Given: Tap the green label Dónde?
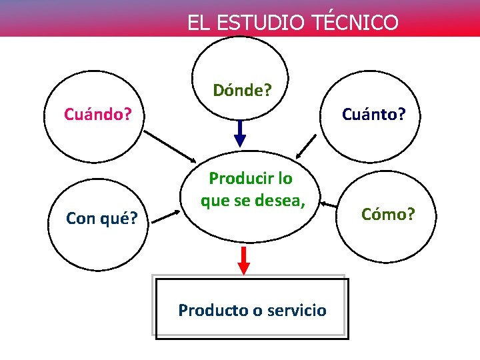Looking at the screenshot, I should coord(242,90).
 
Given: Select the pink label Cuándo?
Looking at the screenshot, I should coord(97,114).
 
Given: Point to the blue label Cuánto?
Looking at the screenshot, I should coord(373,114).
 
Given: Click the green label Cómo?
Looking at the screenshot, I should coord(388,214).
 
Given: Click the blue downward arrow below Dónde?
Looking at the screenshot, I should coord(240,133).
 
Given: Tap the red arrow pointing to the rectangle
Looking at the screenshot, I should coord(244,260).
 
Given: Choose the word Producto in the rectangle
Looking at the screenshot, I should coord(209,310).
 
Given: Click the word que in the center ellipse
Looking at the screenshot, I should coord(215,200).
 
